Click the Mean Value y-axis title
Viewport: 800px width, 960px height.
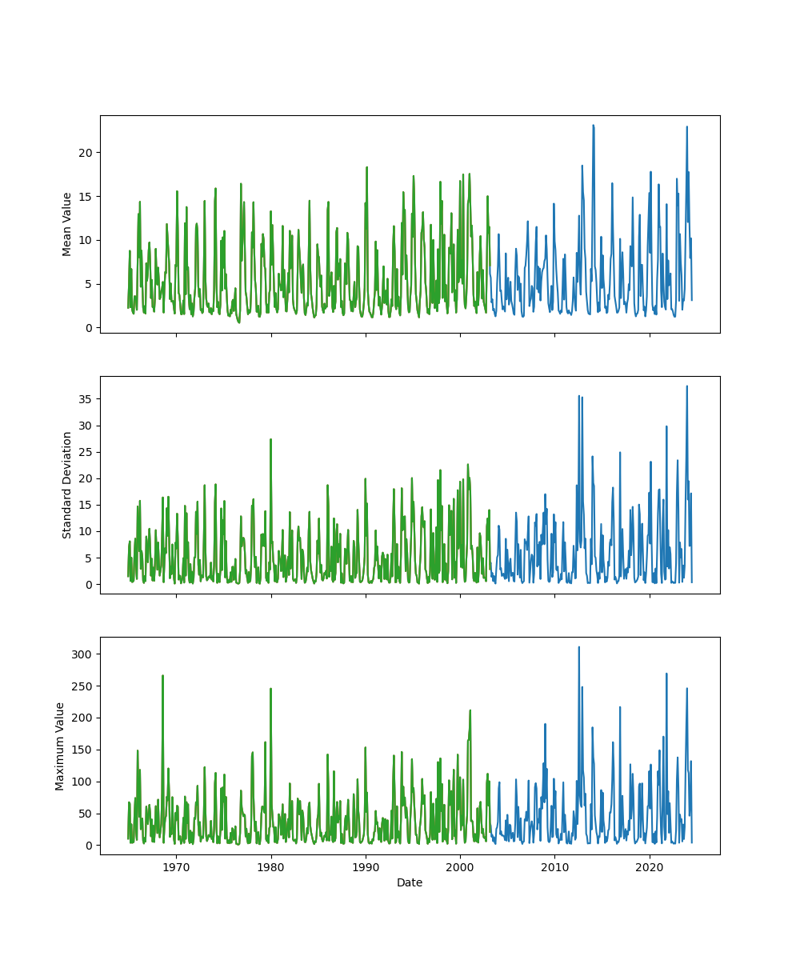[x=67, y=224]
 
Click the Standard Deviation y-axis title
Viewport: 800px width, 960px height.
[x=67, y=485]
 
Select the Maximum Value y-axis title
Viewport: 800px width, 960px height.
[x=60, y=746]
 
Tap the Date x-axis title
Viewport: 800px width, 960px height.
[x=410, y=882]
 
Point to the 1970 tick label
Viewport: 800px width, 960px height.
[x=177, y=866]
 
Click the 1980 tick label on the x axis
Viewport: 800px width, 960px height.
[x=271, y=866]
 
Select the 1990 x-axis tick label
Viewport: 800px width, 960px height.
[x=366, y=866]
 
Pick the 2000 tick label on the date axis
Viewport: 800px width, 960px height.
[x=460, y=866]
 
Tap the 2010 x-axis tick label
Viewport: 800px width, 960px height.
[x=554, y=866]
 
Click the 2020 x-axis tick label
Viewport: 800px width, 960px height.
[x=649, y=866]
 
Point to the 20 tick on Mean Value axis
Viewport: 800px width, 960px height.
[x=86, y=153]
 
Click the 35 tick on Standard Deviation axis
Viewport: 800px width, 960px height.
[x=86, y=398]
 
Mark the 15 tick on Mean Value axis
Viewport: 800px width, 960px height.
[x=86, y=197]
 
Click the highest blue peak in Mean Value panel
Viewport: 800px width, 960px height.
[x=593, y=126]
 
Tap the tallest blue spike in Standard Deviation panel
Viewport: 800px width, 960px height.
[x=686, y=386]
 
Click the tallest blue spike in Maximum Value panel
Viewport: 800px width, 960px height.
[x=578, y=647]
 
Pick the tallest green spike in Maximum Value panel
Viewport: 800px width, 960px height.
[x=162, y=675]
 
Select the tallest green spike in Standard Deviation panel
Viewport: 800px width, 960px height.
[x=270, y=439]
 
